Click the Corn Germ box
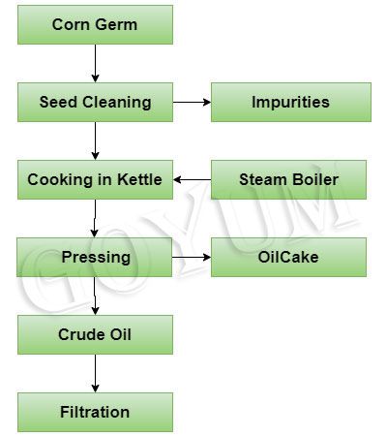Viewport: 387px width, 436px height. click(x=95, y=24)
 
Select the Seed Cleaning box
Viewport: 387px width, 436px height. click(x=95, y=102)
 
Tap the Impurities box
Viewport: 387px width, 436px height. click(x=290, y=102)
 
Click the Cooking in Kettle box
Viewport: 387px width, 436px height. click(x=95, y=179)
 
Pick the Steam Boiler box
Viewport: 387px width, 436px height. click(x=288, y=179)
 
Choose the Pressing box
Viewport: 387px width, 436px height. click(x=95, y=257)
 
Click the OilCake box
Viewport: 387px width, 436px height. click(x=288, y=257)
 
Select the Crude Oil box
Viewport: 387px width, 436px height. click(x=95, y=334)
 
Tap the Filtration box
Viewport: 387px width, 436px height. click(x=95, y=412)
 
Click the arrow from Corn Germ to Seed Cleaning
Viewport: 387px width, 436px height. click(x=95, y=63)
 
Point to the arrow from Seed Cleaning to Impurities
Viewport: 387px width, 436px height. click(x=192, y=102)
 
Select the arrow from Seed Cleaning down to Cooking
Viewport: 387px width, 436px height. click(x=95, y=140)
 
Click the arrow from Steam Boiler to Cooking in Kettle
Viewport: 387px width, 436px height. click(x=192, y=179)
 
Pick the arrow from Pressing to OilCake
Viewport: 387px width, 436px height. click(x=192, y=257)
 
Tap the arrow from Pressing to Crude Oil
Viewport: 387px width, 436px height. click(x=95, y=296)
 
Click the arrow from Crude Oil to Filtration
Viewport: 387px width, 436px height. click(x=95, y=373)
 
